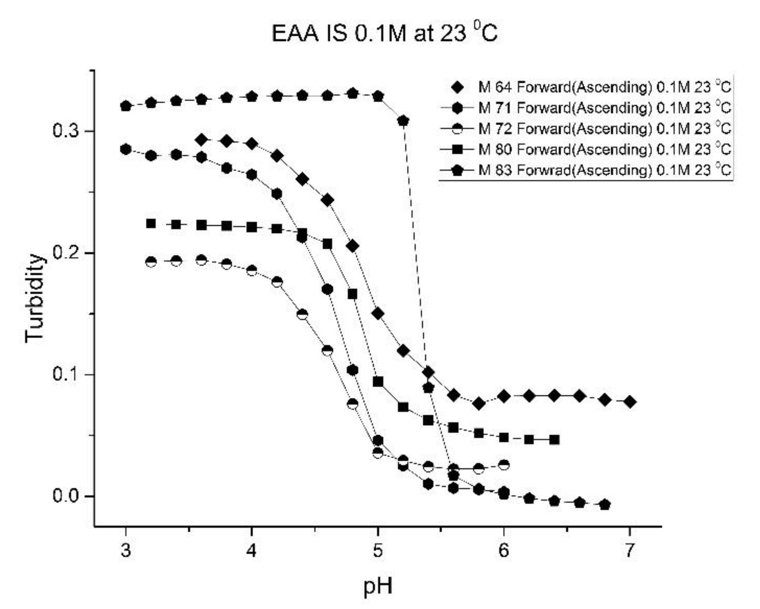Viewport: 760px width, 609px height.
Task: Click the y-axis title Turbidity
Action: coord(34,298)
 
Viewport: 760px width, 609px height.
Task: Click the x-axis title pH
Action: coord(378,585)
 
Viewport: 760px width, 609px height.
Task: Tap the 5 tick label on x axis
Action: coord(378,550)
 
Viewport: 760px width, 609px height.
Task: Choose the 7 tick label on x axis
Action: coord(629,550)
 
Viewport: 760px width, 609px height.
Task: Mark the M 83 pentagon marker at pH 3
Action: coord(126,106)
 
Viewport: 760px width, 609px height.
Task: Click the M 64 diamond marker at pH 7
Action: coord(630,402)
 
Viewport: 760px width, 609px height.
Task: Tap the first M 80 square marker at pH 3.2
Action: coord(151,223)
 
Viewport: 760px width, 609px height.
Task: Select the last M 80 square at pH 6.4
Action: coord(554,440)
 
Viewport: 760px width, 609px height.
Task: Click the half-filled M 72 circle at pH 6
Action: coord(504,465)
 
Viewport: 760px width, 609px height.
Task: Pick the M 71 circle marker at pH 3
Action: coord(126,149)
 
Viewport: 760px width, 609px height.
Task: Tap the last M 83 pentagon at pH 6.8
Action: coord(605,505)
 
